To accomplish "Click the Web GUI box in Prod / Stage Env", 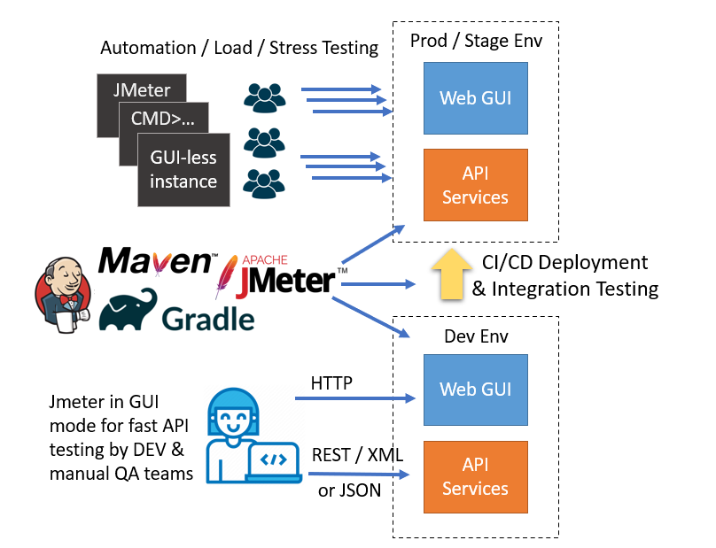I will click(474, 96).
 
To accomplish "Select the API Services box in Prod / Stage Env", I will click(474, 185).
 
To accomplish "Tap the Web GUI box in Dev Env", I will click(474, 389).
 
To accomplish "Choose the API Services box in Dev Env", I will click(474, 476).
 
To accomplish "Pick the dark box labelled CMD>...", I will click(164, 118).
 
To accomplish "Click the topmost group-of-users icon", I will click(263, 96).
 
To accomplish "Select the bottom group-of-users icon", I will click(263, 183).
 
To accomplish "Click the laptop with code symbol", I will click(276, 460).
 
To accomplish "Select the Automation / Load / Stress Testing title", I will click(239, 48).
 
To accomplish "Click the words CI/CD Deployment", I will click(564, 263).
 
